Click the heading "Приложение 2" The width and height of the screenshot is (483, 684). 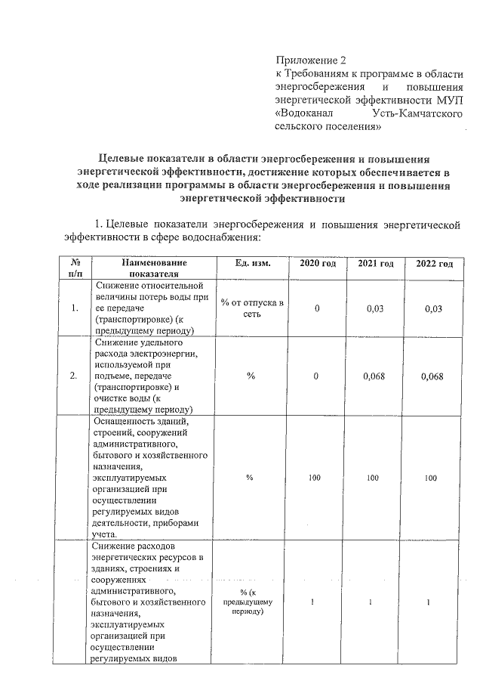(310, 59)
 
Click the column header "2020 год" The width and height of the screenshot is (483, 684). (318, 263)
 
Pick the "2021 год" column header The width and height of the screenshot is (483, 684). (375, 263)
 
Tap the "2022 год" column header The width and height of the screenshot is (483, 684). (434, 263)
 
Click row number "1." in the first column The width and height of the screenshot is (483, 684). (74, 308)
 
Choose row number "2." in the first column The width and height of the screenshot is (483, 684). (74, 376)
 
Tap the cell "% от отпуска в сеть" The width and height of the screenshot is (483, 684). (251, 308)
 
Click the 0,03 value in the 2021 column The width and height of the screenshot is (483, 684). (375, 308)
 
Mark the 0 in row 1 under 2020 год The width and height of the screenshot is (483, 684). (317, 308)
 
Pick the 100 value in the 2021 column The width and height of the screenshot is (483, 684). (375, 478)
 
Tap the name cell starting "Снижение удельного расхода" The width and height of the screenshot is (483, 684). (148, 376)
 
